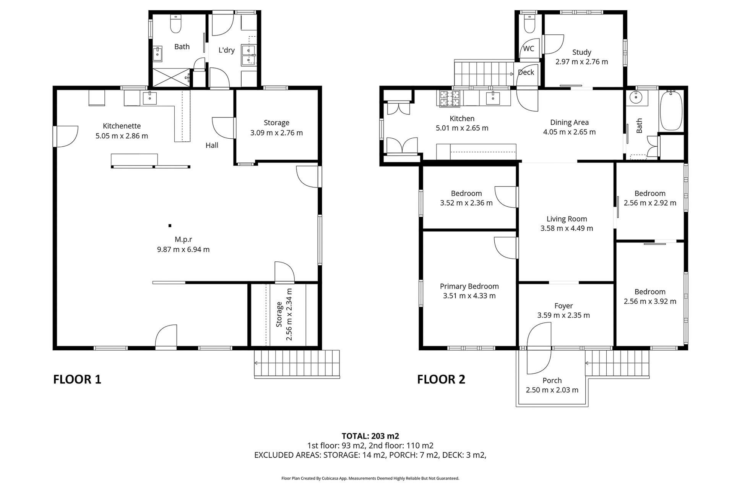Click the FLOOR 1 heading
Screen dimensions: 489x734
pos(77,379)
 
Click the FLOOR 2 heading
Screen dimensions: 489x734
pos(441,379)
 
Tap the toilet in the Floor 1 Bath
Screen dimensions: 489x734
pos(175,24)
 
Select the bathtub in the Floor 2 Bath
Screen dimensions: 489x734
pos(671,110)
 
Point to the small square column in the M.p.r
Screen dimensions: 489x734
pos(170,225)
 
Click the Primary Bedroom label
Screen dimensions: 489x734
pos(469,286)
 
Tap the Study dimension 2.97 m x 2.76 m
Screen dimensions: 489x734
pos(581,62)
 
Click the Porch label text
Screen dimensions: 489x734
pos(552,381)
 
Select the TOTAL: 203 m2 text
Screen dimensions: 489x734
pos(370,436)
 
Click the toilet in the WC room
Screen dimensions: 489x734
pos(529,25)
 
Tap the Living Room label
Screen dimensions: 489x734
pos(567,219)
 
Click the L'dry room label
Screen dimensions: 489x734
pos(226,50)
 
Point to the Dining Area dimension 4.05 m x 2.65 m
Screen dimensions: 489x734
pos(569,132)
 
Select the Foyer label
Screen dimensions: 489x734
pos(563,306)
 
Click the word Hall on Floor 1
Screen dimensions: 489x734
pos(212,145)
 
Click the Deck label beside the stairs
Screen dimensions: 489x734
pos(526,72)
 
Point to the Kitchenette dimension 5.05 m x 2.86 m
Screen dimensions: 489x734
pos(122,136)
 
